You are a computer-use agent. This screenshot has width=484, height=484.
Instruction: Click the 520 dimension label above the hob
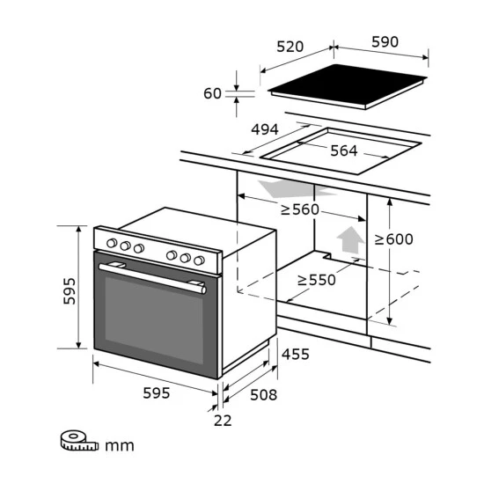point(290,47)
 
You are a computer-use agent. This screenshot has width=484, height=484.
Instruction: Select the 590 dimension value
point(385,41)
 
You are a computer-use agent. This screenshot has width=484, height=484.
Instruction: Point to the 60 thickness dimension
point(212,93)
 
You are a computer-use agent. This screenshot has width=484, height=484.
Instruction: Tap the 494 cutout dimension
point(265,129)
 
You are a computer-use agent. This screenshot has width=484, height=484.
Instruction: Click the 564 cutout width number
point(344,150)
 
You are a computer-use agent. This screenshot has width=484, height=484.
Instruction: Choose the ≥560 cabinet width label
point(300,209)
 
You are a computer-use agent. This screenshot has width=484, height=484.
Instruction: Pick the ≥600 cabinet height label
point(394,238)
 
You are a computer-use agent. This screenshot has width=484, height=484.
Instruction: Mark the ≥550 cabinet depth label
point(317,280)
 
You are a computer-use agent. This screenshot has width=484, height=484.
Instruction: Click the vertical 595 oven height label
point(70,291)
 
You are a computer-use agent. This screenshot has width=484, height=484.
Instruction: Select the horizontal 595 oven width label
point(156,393)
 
